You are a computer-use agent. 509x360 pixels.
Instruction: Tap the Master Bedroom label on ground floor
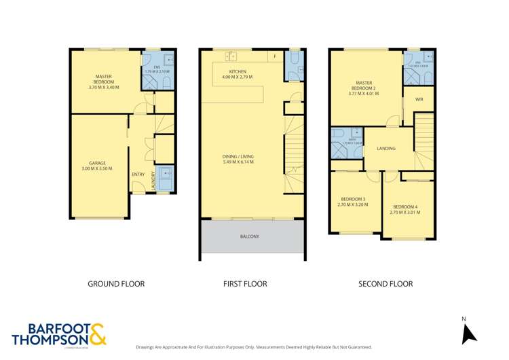(104, 79)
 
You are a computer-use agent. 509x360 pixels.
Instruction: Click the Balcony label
(249, 236)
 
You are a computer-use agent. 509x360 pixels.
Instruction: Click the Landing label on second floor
(385, 148)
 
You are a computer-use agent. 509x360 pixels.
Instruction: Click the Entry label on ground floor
(138, 175)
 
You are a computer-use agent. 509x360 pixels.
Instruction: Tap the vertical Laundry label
(153, 180)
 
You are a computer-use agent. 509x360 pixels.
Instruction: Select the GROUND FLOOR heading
(116, 284)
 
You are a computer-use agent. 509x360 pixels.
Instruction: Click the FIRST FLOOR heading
(245, 284)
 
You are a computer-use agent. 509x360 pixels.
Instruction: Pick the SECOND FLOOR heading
(385, 284)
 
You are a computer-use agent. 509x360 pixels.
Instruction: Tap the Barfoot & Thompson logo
(59, 334)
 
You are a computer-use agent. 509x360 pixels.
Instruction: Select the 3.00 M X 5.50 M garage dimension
(96, 168)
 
